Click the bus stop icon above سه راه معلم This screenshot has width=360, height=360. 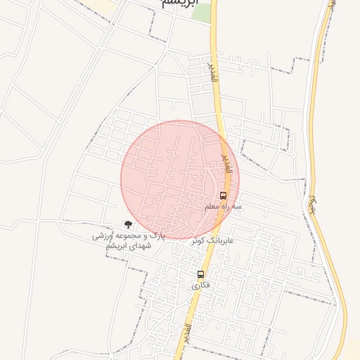[x=223, y=195]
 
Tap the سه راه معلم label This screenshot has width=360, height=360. [x=223, y=207]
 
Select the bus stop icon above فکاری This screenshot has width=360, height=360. [x=200, y=274]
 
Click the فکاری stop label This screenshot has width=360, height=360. [x=200, y=285]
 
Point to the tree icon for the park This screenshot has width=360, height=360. [x=127, y=224]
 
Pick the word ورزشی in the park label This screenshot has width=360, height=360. [x=103, y=237]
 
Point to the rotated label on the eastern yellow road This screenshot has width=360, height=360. [x=311, y=205]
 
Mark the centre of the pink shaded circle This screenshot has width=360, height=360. [x=180, y=180]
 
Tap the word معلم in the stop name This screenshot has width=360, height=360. [x=214, y=207]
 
